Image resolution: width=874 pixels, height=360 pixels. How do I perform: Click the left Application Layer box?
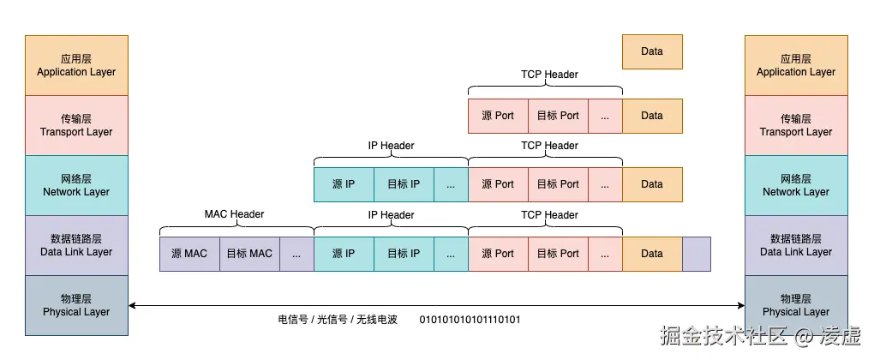point(76,65)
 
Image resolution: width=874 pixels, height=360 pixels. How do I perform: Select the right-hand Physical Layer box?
point(796,305)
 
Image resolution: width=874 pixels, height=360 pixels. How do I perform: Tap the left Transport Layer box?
point(76,125)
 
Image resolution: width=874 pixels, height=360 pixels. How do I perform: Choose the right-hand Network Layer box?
point(796,185)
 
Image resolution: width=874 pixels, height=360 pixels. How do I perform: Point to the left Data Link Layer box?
point(76,245)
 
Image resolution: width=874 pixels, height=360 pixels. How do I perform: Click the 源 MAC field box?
point(189,254)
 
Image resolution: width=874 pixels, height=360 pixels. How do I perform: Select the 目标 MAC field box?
point(249,254)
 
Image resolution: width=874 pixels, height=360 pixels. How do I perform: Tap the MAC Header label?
point(234,214)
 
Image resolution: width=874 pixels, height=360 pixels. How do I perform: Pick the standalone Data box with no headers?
point(652,51)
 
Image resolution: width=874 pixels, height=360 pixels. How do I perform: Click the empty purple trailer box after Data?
point(697,254)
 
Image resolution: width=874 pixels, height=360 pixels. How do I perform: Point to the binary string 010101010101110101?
point(470,320)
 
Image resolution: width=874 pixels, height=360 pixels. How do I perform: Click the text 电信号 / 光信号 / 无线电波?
point(338,320)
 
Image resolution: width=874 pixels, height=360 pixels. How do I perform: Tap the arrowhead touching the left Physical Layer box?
point(132,305)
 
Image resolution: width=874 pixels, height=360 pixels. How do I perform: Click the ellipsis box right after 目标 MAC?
point(296,254)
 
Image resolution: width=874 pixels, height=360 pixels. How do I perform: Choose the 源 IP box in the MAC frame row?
point(344,254)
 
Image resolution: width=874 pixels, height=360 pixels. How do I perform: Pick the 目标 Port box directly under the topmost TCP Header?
point(558,116)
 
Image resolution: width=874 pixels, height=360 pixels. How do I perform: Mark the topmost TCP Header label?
point(549,75)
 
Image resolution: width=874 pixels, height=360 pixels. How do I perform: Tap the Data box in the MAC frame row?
point(652,254)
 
